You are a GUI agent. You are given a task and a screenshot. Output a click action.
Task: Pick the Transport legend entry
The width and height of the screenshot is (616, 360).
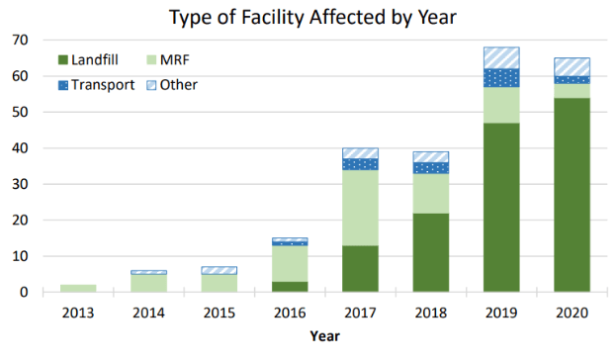coord(98,85)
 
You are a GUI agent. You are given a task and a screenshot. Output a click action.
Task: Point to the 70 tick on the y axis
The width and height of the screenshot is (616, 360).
coord(21,40)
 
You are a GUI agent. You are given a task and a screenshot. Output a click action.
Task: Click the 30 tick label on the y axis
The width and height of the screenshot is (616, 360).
coord(21,184)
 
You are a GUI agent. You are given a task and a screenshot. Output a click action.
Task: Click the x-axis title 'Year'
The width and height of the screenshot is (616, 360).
coord(323,336)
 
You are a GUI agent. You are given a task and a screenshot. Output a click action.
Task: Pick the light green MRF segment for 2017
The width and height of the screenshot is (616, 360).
coord(359,208)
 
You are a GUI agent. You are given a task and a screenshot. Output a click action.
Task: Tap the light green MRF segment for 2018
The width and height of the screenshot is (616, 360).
coord(430,193)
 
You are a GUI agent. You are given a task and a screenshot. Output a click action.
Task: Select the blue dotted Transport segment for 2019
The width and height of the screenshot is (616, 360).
coord(501,78)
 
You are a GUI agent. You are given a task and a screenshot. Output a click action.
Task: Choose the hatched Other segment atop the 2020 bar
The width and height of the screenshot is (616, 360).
coord(572,67)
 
